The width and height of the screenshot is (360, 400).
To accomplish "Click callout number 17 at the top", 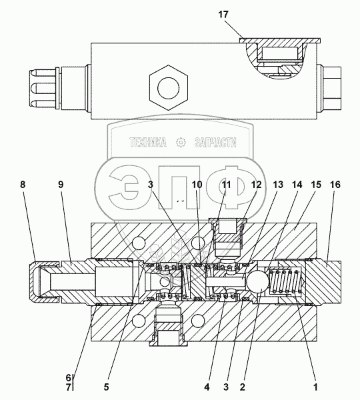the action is (223, 15).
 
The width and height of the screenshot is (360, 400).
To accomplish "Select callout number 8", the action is (23, 185).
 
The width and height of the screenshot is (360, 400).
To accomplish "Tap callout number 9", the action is (61, 185).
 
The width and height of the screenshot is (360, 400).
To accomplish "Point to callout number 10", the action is (197, 185).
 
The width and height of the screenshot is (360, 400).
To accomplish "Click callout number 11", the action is (226, 185).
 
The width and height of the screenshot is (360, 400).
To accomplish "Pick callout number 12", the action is (257, 185).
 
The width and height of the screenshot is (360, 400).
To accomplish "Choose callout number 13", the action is (278, 185).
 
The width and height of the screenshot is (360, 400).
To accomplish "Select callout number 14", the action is (297, 185).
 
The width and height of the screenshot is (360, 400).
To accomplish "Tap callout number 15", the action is (316, 185).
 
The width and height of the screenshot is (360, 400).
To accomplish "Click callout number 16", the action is (335, 185).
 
